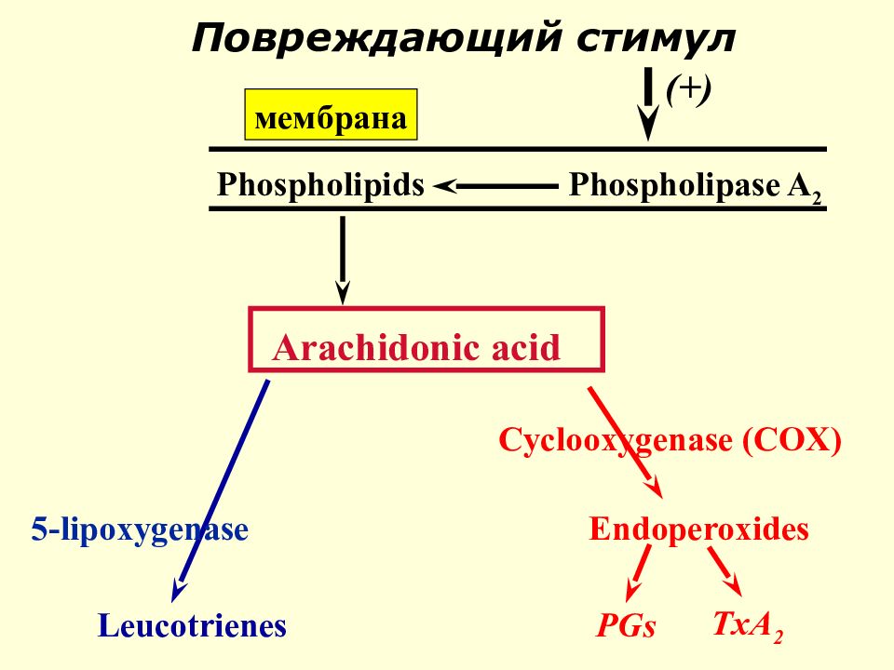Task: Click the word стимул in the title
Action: tap(655, 39)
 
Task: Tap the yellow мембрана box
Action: tap(331, 114)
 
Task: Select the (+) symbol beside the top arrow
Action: tap(689, 89)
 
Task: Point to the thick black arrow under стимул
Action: tap(648, 102)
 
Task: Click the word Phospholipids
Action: tap(320, 184)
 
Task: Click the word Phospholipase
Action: tap(674, 184)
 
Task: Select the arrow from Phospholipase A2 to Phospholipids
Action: tap(494, 186)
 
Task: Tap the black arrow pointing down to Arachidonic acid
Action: tap(342, 260)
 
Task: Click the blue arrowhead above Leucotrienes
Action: tap(178, 590)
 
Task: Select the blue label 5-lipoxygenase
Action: tap(140, 529)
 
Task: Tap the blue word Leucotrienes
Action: tap(192, 625)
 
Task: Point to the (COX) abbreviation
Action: tap(792, 440)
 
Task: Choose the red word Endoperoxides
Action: tap(698, 529)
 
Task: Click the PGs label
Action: tap(626, 625)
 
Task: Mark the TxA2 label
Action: tap(748, 625)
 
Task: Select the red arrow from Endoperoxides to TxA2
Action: tap(725, 571)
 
